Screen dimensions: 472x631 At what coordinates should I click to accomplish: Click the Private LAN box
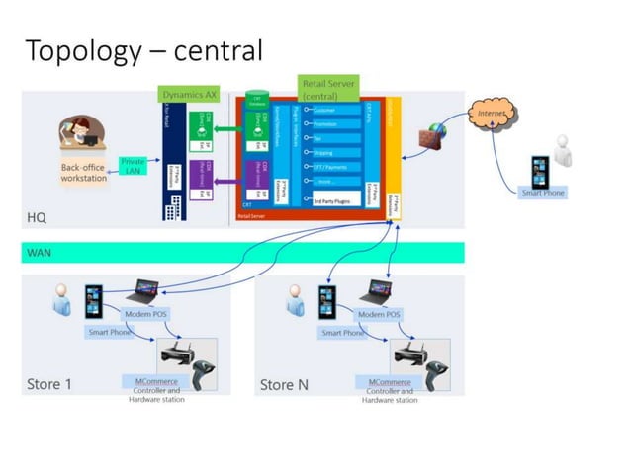click(133, 166)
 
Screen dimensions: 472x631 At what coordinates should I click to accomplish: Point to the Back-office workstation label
click(83, 174)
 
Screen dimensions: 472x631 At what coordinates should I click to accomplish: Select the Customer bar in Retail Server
click(336, 110)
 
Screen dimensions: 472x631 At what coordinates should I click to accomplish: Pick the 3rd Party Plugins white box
click(335, 200)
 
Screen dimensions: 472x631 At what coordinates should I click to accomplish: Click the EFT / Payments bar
click(336, 168)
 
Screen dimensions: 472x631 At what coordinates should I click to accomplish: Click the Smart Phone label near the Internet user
click(543, 193)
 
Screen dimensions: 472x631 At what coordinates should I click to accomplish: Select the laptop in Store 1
click(145, 293)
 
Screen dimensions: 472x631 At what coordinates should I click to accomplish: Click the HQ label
click(37, 216)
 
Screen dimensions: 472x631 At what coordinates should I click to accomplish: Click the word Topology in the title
click(80, 49)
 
